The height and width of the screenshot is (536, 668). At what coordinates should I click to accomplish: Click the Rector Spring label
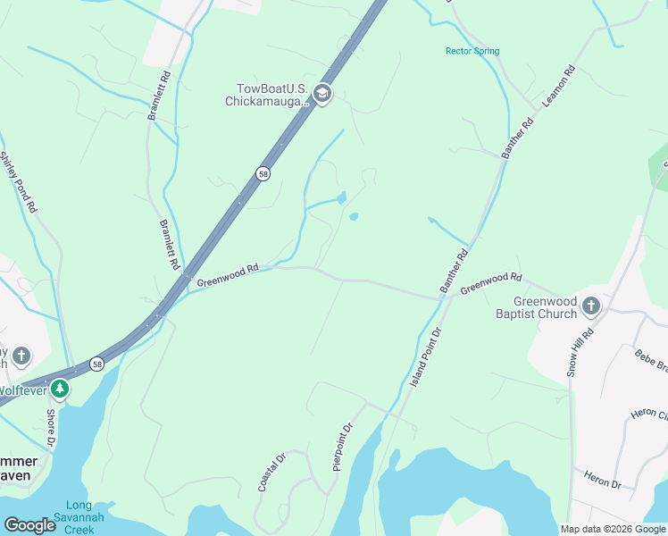point(472,51)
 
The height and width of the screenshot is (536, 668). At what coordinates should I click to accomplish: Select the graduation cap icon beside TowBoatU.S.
point(322,94)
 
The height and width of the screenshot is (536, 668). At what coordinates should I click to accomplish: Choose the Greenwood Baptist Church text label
point(537,307)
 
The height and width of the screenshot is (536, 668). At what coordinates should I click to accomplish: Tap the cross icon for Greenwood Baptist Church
point(590,307)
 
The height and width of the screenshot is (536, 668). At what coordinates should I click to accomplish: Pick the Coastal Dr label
point(271,472)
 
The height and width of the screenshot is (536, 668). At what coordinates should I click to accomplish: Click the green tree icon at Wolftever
point(59,389)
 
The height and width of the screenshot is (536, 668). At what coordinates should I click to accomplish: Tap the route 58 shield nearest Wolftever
point(96,364)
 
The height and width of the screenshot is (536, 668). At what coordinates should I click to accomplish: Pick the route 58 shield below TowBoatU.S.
point(263,174)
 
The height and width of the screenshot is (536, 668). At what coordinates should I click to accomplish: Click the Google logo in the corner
point(29,525)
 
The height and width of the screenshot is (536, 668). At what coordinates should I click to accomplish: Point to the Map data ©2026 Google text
point(613,529)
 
